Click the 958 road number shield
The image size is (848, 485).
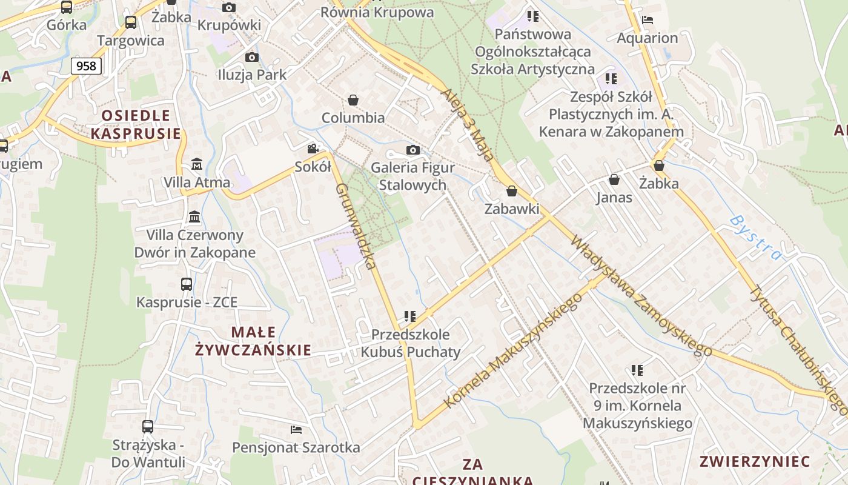(87, 65)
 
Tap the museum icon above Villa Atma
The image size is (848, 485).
(197, 164)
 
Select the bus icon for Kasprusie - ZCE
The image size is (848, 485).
(187, 284)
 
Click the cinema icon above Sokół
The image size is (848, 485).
(313, 149)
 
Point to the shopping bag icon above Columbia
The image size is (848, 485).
(353, 99)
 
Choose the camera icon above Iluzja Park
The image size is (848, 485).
(252, 57)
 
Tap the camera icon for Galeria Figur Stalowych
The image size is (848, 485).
(413, 150)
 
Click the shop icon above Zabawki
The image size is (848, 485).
(512, 191)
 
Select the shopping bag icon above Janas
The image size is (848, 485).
(614, 179)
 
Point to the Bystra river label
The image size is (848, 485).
(755, 236)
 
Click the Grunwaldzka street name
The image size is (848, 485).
(356, 226)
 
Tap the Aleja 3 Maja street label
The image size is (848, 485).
(467, 125)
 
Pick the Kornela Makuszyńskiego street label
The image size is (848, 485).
(514, 350)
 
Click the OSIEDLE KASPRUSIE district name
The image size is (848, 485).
(136, 124)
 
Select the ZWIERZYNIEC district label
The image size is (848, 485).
(755, 461)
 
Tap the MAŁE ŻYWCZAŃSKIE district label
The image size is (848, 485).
(253, 341)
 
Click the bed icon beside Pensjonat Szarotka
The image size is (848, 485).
(296, 430)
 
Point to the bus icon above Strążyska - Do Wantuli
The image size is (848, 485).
(148, 426)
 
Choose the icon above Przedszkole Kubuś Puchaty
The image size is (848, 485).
(410, 316)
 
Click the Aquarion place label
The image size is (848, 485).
(648, 38)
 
